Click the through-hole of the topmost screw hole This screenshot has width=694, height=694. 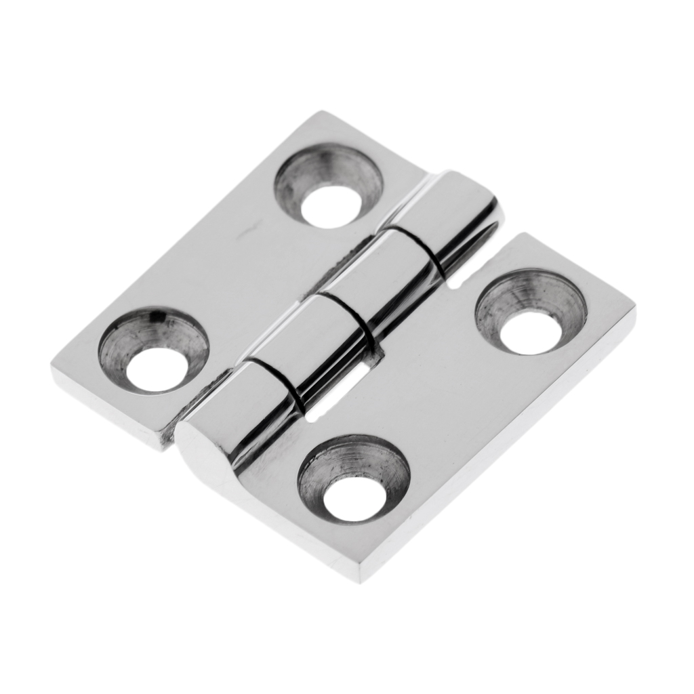(330, 204)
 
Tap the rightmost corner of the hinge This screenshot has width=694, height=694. (634, 310)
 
